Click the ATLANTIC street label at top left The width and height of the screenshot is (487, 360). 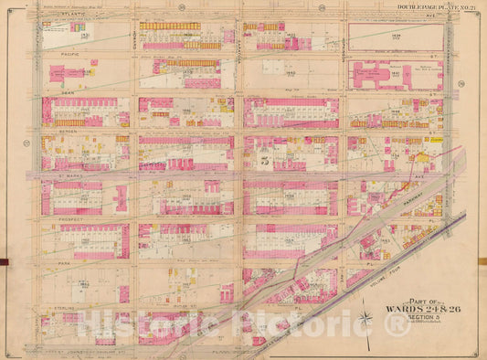click(x=71, y=16)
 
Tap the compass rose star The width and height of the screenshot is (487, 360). click(x=365, y=319)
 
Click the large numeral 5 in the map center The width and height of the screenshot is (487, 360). click(x=264, y=164)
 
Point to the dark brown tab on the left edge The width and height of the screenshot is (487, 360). click(x=4, y=263)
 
